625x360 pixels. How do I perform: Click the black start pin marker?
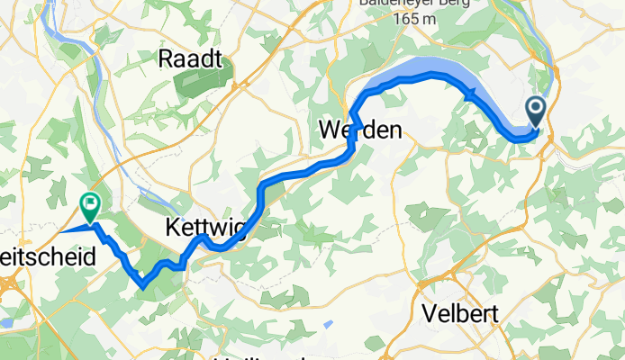(536, 112)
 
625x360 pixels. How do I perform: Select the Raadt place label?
(190, 59)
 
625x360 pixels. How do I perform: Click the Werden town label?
(360, 131)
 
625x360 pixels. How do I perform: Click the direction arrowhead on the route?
(471, 95)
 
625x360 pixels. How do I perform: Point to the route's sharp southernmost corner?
(142, 287)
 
